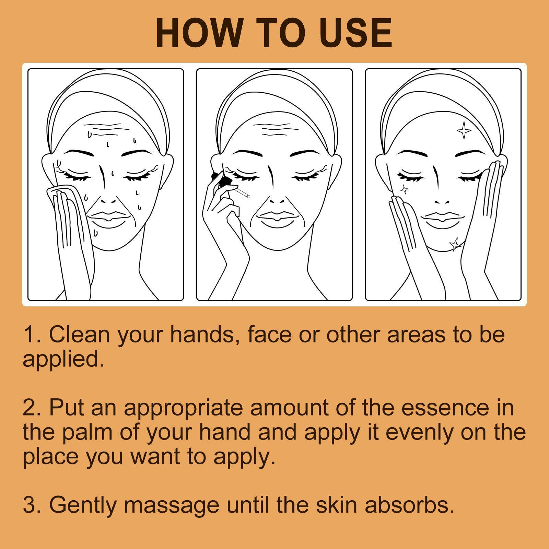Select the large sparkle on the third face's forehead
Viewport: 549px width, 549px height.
(x=464, y=130)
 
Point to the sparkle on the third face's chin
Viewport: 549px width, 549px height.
(x=455, y=244)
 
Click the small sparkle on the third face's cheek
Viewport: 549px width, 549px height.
(x=405, y=189)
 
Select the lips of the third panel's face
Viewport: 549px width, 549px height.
(x=442, y=219)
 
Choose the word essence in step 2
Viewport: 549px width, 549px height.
(x=445, y=408)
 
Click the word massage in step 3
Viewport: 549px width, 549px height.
(x=171, y=505)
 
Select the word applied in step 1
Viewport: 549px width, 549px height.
(x=63, y=359)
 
